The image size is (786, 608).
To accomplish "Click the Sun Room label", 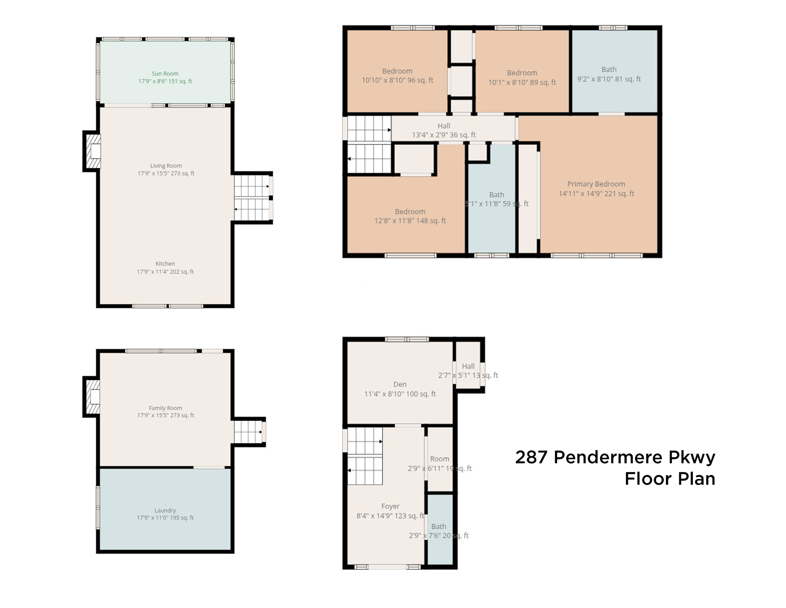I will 165,74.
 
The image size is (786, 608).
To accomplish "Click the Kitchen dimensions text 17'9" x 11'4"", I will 165,272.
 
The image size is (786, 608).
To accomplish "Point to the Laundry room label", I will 165,511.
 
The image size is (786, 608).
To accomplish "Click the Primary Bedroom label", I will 596,184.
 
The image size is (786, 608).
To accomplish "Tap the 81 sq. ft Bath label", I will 608,70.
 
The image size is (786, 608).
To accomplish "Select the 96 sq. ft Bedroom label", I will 397,71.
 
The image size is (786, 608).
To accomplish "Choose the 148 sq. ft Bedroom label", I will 410,212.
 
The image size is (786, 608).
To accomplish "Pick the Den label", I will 400,384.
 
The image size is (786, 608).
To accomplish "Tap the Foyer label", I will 390,506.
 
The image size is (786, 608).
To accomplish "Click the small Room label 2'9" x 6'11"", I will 439,459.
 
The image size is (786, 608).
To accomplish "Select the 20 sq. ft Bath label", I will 438,527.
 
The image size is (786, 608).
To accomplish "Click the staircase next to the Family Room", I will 248,432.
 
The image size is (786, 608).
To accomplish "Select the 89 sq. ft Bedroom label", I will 521,73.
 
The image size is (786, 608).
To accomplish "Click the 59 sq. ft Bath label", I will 496,195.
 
